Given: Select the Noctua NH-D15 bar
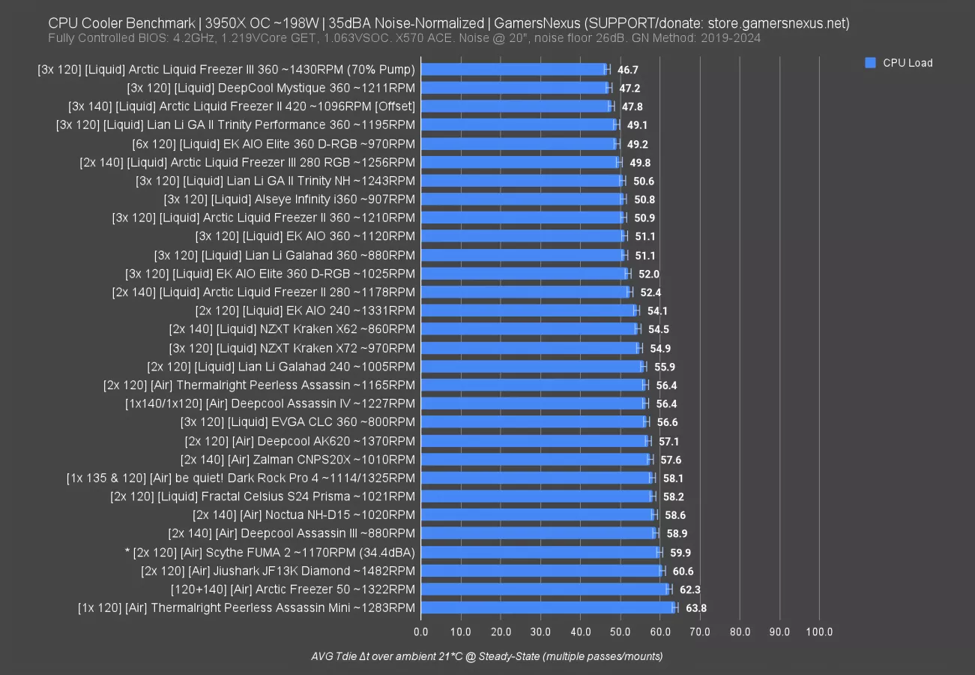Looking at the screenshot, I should tap(538, 514).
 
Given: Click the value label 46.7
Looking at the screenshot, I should tap(628, 70).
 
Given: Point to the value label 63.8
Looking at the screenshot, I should tap(696, 607).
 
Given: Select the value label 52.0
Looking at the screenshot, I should tap(649, 274).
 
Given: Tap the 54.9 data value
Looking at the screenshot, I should tap(660, 348).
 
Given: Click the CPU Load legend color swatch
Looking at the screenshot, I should tap(870, 63).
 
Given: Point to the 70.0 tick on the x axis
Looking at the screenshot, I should tap(700, 631).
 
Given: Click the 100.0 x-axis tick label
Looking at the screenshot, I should tap(819, 631).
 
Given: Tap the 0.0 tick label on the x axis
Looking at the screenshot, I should tap(421, 631).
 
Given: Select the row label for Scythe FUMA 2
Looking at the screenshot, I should tap(270, 552).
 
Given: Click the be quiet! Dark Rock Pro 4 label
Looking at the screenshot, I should tap(241, 478).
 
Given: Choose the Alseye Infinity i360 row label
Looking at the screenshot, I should tap(289, 199).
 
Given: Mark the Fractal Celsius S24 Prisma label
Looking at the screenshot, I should tap(262, 496).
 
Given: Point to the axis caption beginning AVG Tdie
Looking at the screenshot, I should tap(487, 656).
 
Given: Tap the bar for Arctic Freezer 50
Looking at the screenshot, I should tap(546, 589).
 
